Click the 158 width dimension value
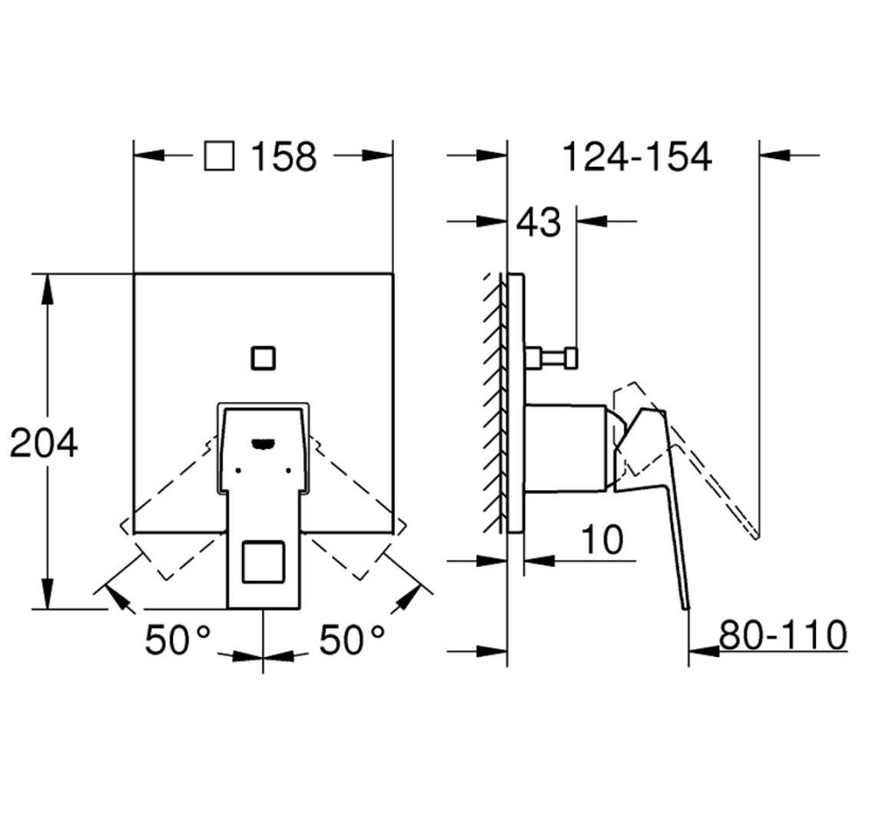283,156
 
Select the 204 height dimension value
44,443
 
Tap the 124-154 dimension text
637,156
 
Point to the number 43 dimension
538,222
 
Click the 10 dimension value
602,540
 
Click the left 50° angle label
177,641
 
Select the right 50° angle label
352,641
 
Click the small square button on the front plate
261,356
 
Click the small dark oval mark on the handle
262,444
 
